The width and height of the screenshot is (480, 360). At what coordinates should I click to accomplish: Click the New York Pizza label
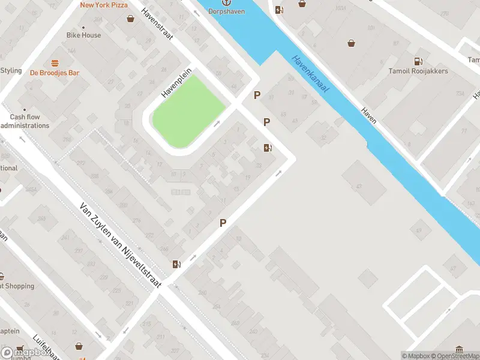[104, 5]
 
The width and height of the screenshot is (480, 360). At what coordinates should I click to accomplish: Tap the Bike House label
[83, 35]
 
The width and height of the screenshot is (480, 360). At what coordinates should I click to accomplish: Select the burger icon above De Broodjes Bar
[55, 62]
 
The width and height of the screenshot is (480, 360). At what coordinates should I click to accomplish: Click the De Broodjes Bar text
[55, 73]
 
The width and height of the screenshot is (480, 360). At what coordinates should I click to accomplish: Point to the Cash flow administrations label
[25, 121]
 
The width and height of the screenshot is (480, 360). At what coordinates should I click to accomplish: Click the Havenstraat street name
[157, 24]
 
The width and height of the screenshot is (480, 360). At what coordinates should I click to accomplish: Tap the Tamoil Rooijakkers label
[418, 71]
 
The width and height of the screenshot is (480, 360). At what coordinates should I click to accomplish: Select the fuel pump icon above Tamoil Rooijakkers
[418, 61]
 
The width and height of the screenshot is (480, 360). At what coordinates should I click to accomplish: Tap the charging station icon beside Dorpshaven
[279, 9]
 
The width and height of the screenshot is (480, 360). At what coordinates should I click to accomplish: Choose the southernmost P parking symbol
[223, 223]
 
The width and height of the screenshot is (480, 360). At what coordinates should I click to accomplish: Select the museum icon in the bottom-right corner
[459, 349]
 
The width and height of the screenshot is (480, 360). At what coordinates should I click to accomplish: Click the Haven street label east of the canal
[368, 115]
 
